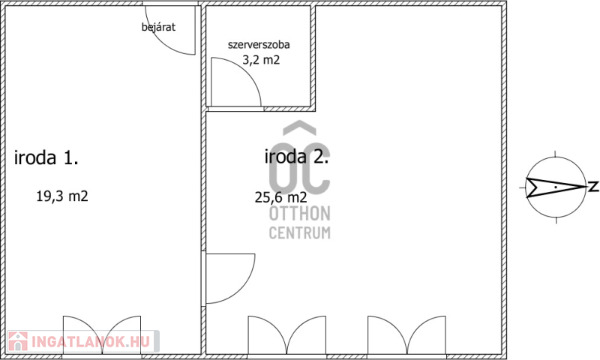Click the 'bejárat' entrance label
pos(158,27)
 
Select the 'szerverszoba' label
pos(259,45)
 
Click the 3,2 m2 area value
pos(261,60)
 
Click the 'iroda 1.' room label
pos(46,157)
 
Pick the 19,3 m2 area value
pos(62,196)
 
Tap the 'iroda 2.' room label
pos(296,157)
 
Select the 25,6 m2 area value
pos(280,197)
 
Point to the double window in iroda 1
pos(102,335)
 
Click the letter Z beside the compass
pos(593,187)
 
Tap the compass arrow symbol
pos(556,187)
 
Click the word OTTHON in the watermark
pos(299,214)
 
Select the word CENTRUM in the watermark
pos(299,233)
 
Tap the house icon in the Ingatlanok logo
pos(18,341)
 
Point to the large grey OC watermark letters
pos(299,167)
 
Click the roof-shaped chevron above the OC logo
pos(299,127)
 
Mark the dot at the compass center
pos(556,187)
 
